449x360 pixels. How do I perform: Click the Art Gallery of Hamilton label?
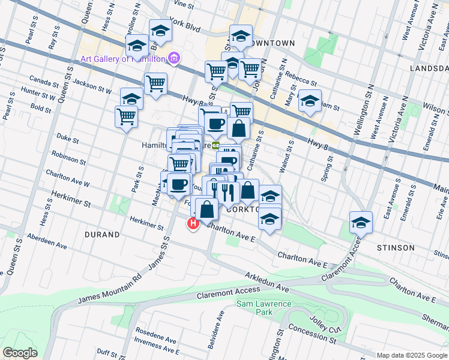tap(123, 58)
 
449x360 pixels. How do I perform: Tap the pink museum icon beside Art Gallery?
tap(174, 58)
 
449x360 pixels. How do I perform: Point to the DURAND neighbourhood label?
tap(102, 235)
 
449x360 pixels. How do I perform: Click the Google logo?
tap(20, 353)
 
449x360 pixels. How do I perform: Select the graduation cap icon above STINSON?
tap(361, 222)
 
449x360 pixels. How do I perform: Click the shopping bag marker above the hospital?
tap(207, 210)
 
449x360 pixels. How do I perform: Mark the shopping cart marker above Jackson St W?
tap(155, 83)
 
